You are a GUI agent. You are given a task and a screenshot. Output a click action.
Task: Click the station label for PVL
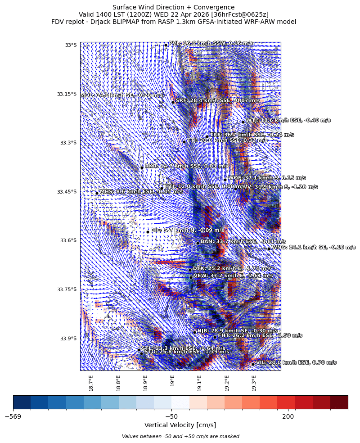[211, 43]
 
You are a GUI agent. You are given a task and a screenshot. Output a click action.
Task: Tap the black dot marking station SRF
[173, 102]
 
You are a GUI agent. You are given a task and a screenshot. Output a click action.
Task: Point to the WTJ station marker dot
[243, 122]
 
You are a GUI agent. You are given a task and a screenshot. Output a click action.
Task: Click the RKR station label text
[173, 166]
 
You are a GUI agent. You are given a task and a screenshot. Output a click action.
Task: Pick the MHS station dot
[97, 194]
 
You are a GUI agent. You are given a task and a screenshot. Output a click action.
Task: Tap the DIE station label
[187, 230]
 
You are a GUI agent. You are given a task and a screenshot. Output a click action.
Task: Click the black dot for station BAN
[198, 243]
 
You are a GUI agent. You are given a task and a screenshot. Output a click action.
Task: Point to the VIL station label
[296, 362]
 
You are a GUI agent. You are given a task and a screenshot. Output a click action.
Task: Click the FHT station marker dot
[215, 337]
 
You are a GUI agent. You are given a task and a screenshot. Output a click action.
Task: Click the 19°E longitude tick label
[173, 381]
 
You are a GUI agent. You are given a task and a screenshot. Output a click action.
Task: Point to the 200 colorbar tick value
[288, 416]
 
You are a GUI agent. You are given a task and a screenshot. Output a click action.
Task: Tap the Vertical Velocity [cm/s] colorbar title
[180, 425]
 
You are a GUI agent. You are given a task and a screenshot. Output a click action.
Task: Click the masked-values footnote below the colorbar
[180, 436]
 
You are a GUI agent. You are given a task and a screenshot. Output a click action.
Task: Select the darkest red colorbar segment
[339, 402]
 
